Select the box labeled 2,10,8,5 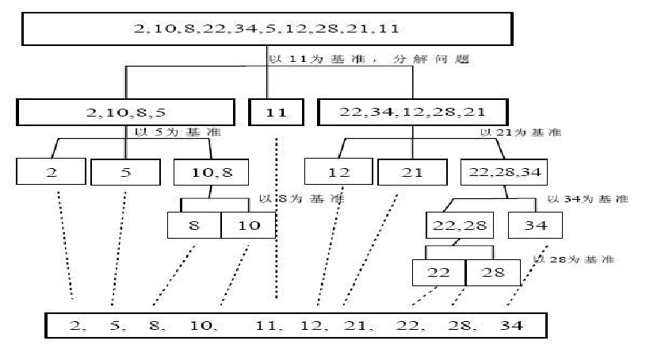click(x=125, y=112)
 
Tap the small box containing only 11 click(x=275, y=112)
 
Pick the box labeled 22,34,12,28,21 click(x=413, y=112)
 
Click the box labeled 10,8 click(x=210, y=171)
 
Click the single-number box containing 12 click(x=338, y=171)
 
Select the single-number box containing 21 click(x=411, y=171)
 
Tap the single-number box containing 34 click(x=535, y=224)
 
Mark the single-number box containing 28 click(x=493, y=272)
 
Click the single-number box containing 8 click(x=193, y=224)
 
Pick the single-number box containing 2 click(x=52, y=171)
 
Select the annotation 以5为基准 click(x=169, y=133)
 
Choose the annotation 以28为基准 click(x=573, y=259)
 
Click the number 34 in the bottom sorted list click(x=512, y=325)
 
